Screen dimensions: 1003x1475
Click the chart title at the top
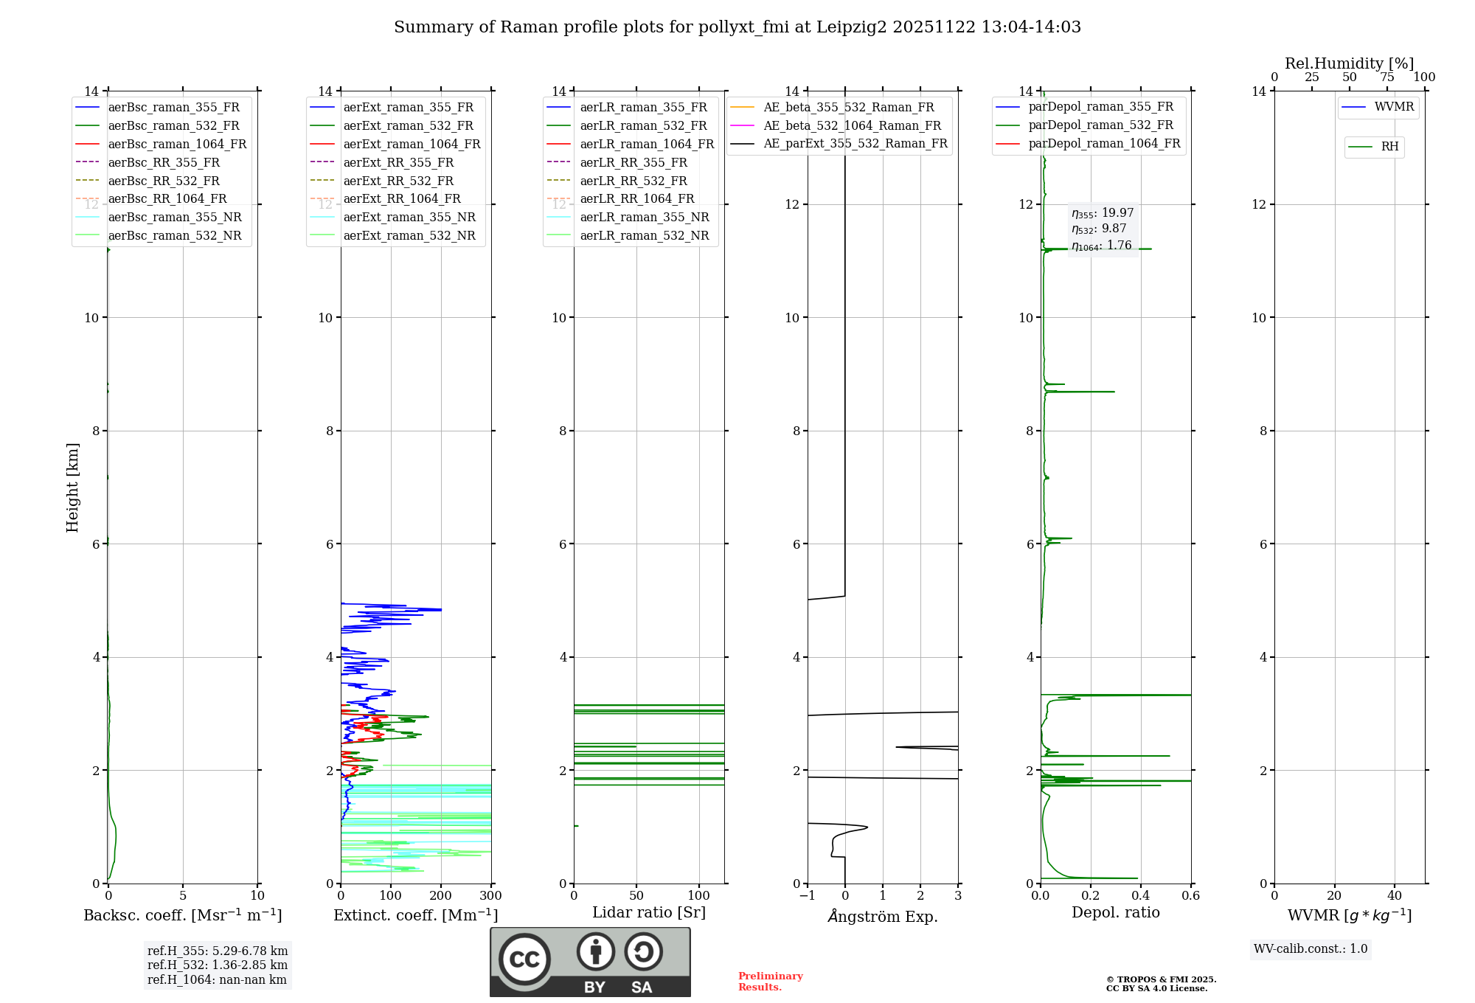(737, 27)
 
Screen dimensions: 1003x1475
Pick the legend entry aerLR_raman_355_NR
(644, 217)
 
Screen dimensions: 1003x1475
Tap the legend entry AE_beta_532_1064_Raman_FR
(852, 125)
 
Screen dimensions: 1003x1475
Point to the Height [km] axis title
(72, 487)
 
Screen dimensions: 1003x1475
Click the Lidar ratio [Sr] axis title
(649, 912)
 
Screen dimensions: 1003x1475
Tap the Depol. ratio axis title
(1115, 912)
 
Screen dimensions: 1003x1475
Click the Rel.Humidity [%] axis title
(1349, 63)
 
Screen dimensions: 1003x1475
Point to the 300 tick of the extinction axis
(490, 896)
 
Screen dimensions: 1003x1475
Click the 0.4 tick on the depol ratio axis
(1140, 896)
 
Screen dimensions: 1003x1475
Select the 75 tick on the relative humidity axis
(1386, 77)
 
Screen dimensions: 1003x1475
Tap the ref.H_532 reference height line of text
(218, 965)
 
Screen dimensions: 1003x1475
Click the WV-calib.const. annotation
(1311, 949)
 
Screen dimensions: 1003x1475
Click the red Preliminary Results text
(770, 982)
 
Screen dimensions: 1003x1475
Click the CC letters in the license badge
(524, 959)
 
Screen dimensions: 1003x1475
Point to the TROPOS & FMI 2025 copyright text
(1161, 979)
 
